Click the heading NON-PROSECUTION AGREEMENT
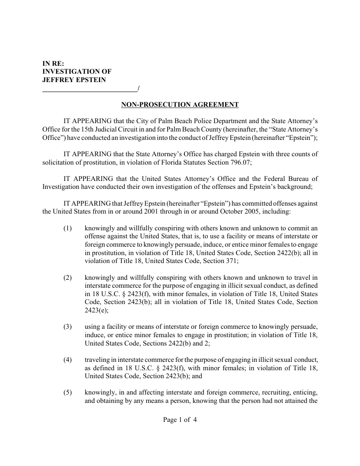[180, 105]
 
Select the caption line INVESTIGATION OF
[77, 71]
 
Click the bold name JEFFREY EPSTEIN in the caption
[74, 79]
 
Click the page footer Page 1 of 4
[180, 420]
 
